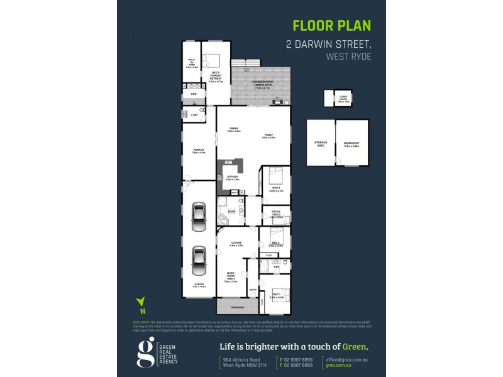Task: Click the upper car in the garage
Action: point(199,216)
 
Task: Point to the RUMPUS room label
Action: point(198,150)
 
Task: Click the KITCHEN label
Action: point(233,177)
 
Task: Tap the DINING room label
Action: point(234,129)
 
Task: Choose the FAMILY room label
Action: point(268,135)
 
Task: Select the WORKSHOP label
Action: point(351,144)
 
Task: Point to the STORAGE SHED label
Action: point(321,144)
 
